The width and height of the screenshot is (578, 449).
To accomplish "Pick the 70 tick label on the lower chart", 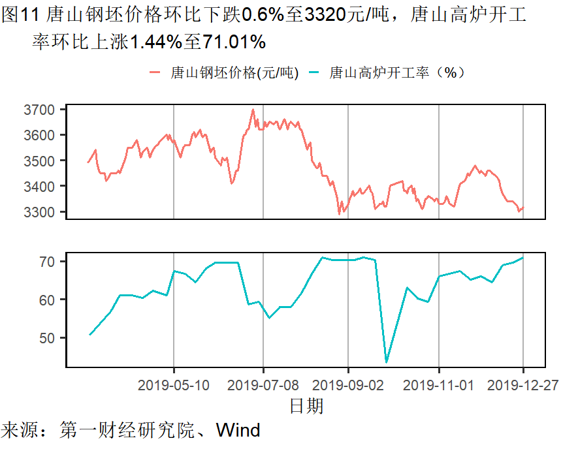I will pyautogui.click(x=50, y=262).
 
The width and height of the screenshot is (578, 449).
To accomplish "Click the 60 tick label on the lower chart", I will pyautogui.click(x=50, y=300).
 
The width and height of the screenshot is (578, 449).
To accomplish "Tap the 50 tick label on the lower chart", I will pyautogui.click(x=50, y=338).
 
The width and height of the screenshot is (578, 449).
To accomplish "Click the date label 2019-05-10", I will pyautogui.click(x=174, y=385).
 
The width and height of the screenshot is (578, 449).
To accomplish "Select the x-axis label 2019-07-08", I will pyautogui.click(x=263, y=385).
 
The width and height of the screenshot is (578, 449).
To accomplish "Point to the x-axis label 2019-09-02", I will pyautogui.click(x=348, y=385).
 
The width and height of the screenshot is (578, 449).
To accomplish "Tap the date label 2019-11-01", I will pyautogui.click(x=439, y=385).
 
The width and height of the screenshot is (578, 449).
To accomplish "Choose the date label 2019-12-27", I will pyautogui.click(x=523, y=385).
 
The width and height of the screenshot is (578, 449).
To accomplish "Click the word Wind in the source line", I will pyautogui.click(x=238, y=431).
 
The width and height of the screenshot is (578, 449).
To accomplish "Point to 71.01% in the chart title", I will pyautogui.click(x=234, y=42).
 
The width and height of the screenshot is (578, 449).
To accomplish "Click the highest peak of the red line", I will pyautogui.click(x=253, y=110).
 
